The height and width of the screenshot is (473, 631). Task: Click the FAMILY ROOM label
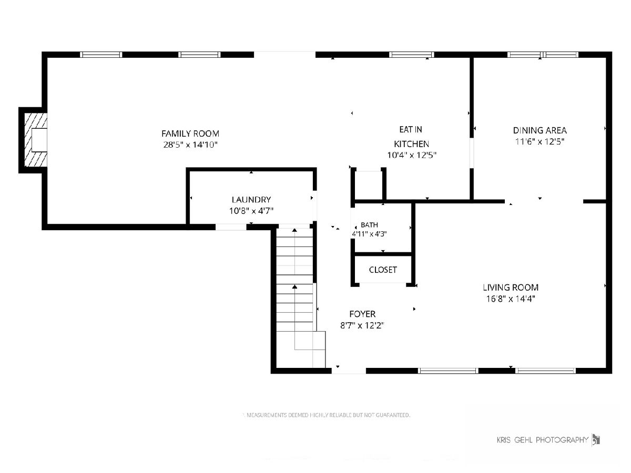190,133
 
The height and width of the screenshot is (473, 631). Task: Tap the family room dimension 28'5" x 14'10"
190,145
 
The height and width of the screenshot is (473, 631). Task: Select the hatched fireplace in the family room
36,140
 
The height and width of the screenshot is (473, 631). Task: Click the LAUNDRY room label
251,200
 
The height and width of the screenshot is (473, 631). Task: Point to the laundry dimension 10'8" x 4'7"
251,211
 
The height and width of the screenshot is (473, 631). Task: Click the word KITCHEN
411,144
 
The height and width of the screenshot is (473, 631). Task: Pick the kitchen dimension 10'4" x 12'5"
411,155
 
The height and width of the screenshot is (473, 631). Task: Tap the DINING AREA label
540,130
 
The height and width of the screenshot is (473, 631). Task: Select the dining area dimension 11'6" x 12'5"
540,141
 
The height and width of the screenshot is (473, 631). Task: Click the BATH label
369,225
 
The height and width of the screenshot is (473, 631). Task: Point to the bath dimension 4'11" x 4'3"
369,234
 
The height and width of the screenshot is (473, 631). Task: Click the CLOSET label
383,270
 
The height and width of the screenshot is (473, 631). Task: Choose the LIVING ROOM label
510,287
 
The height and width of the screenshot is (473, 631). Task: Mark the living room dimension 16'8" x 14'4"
510,299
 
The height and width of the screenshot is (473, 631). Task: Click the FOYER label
362,314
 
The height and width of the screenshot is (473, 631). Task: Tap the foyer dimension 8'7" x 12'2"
362,325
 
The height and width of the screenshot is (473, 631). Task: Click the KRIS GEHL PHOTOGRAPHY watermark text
543,440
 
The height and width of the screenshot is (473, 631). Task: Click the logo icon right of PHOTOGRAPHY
596,440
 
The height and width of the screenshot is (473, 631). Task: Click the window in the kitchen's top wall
411,55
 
